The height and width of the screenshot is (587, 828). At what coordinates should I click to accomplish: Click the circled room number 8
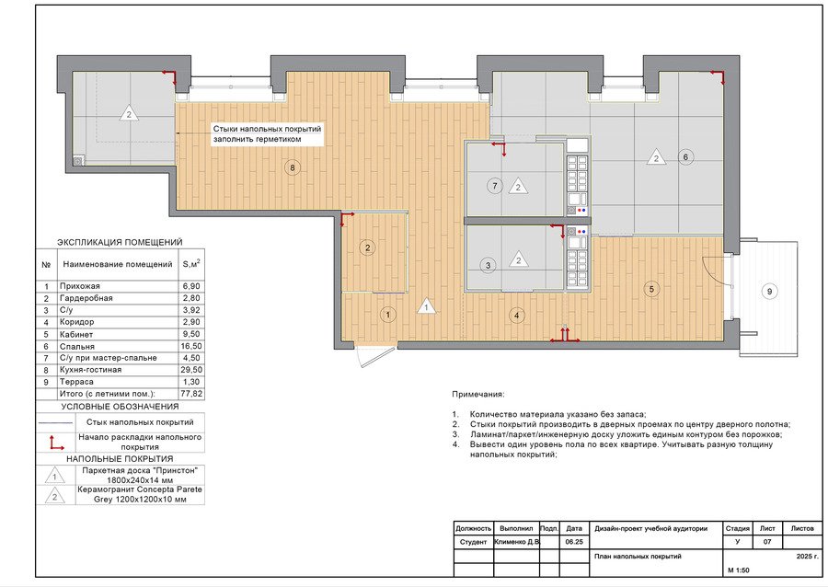292,167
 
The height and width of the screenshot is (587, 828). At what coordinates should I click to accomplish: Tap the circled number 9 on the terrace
769,292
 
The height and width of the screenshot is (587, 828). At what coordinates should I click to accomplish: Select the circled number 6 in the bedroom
685,156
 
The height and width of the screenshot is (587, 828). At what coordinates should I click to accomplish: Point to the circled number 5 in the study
651,289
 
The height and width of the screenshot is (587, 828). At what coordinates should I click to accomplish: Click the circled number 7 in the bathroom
495,186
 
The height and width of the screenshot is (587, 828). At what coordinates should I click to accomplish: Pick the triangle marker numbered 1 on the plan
426,306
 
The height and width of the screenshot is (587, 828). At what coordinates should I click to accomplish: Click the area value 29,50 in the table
191,370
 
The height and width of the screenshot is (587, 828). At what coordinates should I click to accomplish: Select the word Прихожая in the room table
80,286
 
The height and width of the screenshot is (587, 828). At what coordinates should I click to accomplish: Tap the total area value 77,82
191,394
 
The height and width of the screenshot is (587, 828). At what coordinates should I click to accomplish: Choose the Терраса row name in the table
76,382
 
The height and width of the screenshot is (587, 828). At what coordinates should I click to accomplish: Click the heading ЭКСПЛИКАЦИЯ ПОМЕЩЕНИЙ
120,242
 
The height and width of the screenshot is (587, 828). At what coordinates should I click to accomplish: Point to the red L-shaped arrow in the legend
56,443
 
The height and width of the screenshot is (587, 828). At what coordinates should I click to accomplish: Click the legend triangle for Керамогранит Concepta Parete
55,496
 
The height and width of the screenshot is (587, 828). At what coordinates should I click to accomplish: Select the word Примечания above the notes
478,395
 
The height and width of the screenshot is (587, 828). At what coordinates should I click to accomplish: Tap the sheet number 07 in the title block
767,542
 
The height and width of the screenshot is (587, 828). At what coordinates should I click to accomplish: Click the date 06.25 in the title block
573,542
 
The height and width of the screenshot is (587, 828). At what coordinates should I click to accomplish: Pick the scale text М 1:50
738,570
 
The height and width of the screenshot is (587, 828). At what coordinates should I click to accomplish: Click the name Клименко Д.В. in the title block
517,542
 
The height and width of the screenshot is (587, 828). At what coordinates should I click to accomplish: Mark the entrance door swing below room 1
376,356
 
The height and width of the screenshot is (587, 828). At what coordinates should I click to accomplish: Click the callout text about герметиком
267,134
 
